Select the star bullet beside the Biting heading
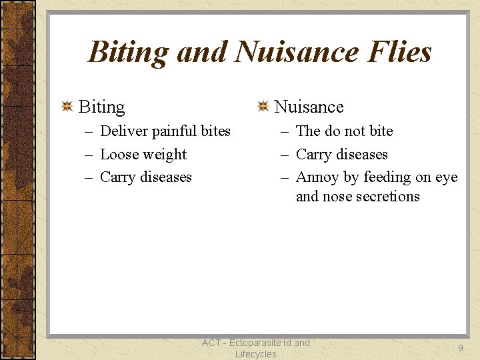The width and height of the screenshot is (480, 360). (67, 107)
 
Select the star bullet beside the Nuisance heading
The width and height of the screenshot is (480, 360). (263, 107)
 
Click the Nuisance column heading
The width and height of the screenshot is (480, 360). (309, 107)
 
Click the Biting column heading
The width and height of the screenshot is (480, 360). (101, 107)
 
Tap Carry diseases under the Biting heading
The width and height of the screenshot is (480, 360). (145, 177)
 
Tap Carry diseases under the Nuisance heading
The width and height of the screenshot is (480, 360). (341, 155)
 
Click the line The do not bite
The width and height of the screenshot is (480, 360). (344, 131)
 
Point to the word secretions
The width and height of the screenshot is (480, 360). (388, 197)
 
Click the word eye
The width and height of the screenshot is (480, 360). (446, 178)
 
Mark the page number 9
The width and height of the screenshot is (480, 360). (460, 348)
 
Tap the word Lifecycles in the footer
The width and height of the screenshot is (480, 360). (255, 354)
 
